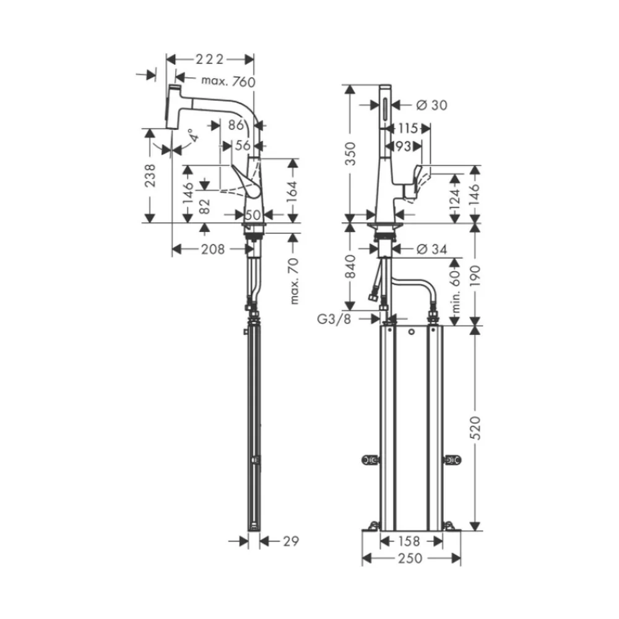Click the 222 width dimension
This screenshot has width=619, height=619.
click(210, 59)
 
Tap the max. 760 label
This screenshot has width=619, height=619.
click(228, 81)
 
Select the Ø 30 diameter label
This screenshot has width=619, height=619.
click(432, 105)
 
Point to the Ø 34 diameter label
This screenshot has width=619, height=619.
click(432, 249)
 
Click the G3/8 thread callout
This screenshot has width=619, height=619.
click(334, 319)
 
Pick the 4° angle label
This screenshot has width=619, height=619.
click(193, 136)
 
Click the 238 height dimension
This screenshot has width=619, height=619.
click(150, 175)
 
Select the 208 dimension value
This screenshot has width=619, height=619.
click(213, 249)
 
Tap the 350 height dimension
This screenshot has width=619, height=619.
click(350, 154)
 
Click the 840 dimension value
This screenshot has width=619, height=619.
click(350, 266)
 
